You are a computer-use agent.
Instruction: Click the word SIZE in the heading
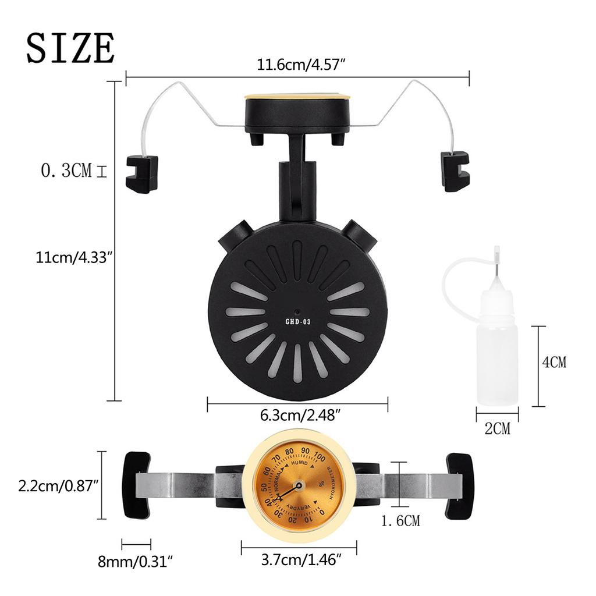[70, 48]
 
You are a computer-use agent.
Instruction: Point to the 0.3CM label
[66, 171]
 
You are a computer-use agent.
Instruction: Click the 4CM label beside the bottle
[554, 362]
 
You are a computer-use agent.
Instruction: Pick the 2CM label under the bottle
[497, 430]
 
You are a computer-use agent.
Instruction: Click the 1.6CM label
[400, 520]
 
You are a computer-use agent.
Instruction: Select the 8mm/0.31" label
[136, 562]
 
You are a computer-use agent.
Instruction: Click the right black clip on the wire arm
[455, 171]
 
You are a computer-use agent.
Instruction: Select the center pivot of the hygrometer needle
[299, 485]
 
